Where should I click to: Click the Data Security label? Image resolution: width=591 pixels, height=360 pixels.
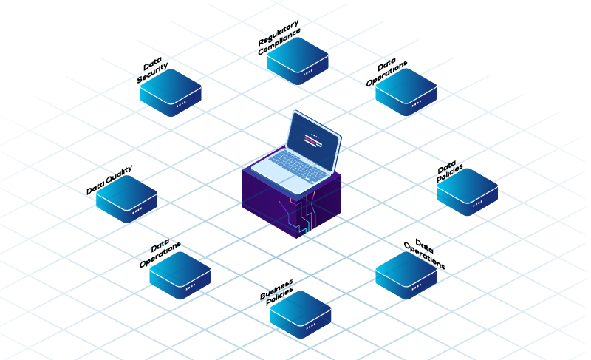coord(153,72)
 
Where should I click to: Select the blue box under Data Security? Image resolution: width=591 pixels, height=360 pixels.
coord(171,91)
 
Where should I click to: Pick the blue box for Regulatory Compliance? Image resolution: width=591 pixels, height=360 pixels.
coord(298,59)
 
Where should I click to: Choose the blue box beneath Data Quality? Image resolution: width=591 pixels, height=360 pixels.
coord(126,198)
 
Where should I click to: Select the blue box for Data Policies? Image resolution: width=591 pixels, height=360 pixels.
coord(467,191)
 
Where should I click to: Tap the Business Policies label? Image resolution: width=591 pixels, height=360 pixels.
coord(277,291)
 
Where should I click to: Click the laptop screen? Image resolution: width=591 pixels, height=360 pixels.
coord(314,138)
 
